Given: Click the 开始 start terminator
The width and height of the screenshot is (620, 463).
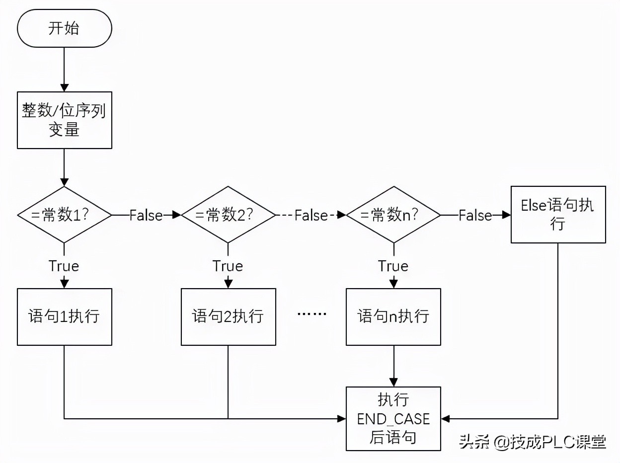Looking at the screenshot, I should [64, 29].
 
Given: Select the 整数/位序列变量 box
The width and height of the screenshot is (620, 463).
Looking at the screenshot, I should [64, 120].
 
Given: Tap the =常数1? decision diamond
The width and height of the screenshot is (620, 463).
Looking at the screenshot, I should [64, 215].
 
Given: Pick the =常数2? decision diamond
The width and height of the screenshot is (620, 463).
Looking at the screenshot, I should [228, 215].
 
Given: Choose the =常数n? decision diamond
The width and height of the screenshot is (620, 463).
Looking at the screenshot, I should [393, 215].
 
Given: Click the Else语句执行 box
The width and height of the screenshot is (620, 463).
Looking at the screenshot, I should [558, 215].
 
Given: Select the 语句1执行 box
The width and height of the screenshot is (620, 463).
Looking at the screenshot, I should [64, 317].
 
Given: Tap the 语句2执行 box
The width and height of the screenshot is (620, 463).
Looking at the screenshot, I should [228, 317].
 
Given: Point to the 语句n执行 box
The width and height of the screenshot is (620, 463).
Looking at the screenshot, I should [393, 317].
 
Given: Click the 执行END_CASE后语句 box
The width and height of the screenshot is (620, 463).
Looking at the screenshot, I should [393, 419].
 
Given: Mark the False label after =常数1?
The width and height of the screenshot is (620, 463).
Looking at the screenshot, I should [146, 215].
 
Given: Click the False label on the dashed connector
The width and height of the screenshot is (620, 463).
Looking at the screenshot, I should [311, 215].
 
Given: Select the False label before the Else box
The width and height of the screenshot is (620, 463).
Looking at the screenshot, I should [475, 215].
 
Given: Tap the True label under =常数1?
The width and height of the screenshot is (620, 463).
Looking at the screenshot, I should [64, 266].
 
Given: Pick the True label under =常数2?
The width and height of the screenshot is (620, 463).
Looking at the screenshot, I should [228, 266].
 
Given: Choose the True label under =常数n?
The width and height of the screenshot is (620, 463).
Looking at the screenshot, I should [393, 266].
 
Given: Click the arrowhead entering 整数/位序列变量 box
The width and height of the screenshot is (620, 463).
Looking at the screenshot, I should [64, 87].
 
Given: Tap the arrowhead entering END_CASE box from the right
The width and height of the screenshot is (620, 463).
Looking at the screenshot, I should [446, 419].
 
